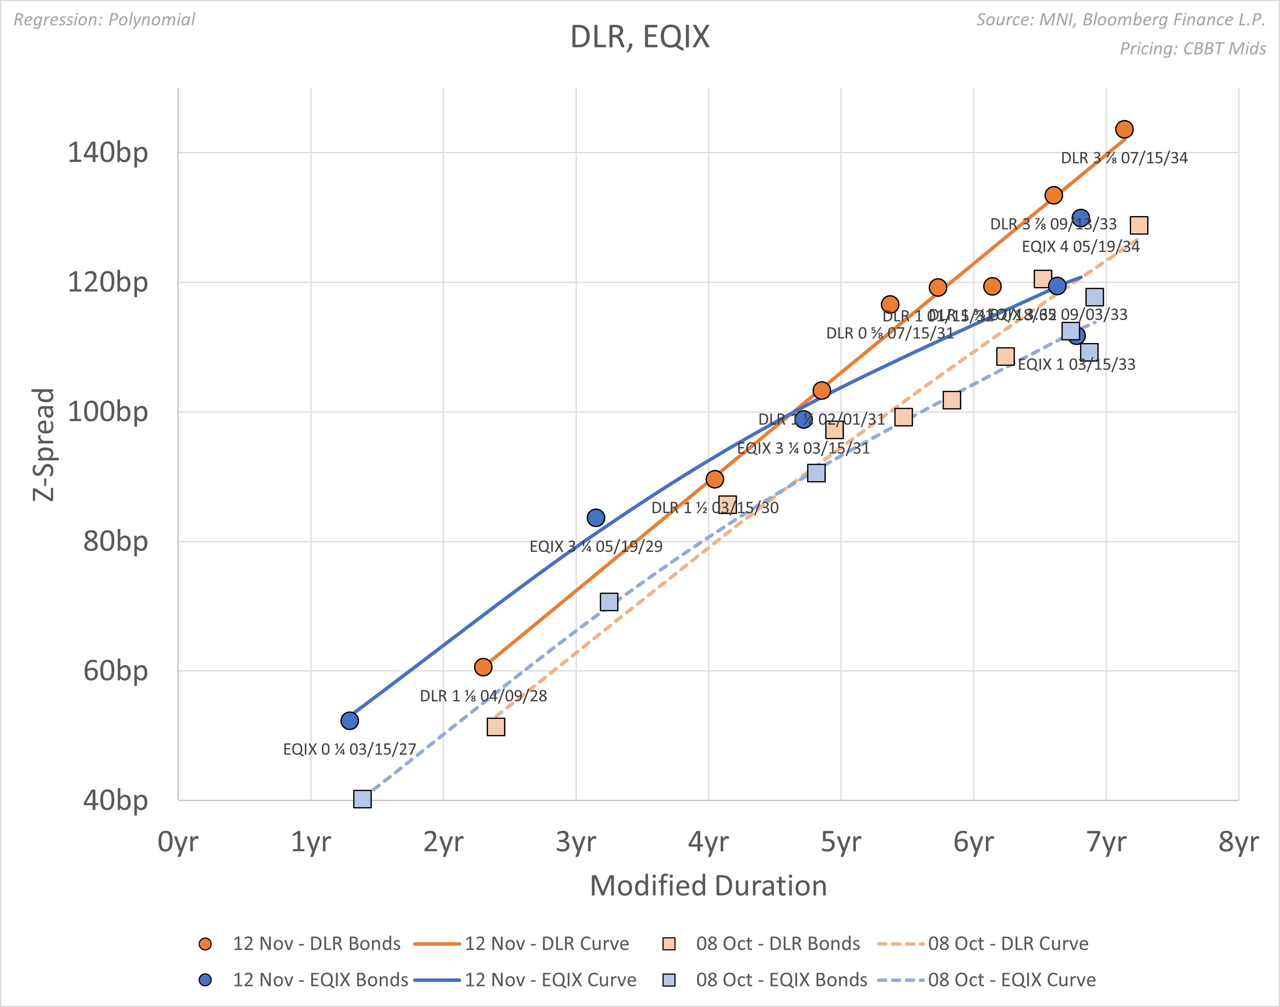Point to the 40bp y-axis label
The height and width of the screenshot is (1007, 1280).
(x=115, y=800)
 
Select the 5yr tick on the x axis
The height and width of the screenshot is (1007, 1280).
(x=841, y=842)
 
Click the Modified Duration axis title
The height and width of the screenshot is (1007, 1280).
(x=708, y=885)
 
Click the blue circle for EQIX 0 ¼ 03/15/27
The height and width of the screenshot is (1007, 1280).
(x=350, y=720)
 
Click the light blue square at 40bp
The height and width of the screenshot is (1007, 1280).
(x=362, y=799)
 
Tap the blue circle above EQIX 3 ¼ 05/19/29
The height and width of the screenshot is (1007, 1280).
(x=596, y=518)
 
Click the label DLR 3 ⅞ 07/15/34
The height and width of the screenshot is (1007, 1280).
(x=1124, y=158)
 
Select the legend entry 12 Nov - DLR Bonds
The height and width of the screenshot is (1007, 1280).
(x=316, y=943)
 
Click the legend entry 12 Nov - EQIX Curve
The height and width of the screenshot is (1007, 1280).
(x=550, y=980)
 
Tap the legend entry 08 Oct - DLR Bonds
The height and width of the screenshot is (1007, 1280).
(x=777, y=943)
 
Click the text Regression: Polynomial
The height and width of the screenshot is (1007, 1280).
(x=104, y=19)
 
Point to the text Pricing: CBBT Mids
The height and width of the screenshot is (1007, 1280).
(x=1193, y=48)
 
